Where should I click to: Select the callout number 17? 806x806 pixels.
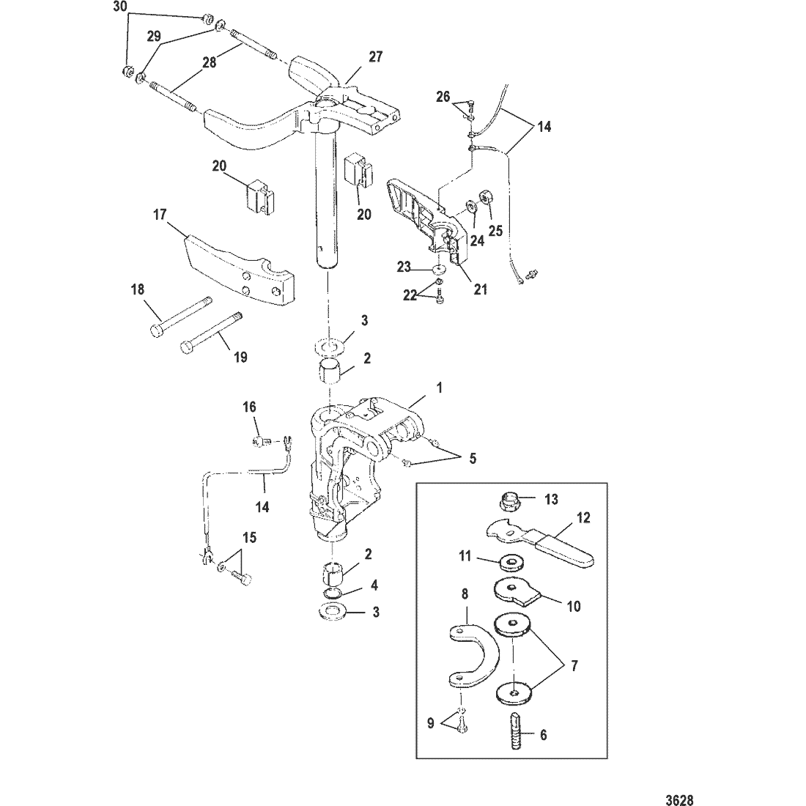coord(160,215)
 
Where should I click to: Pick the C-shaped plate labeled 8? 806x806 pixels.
coord(476,656)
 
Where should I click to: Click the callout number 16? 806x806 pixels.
coord(250,407)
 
